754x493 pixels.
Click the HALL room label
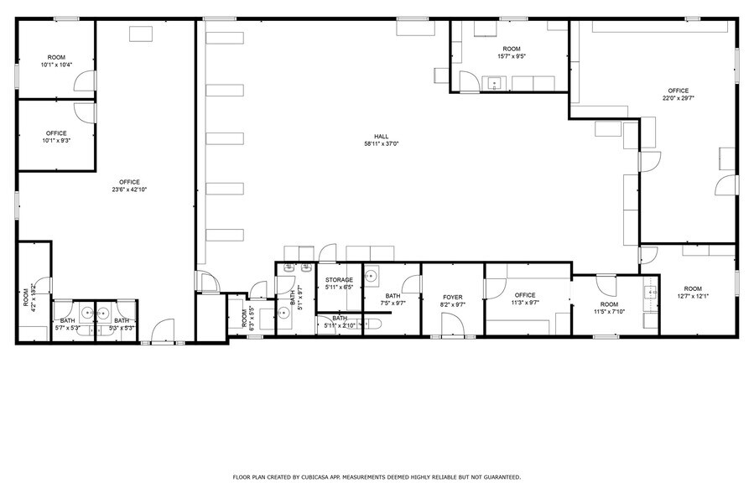click(381, 136)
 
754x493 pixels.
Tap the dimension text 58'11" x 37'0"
click(381, 144)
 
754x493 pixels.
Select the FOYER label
click(453, 296)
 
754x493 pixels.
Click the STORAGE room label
click(339, 280)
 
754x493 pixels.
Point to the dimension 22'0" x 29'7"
click(678, 98)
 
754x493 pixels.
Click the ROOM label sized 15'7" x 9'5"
click(512, 49)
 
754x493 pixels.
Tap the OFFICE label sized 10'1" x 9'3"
click(56, 133)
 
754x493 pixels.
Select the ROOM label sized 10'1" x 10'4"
click(56, 58)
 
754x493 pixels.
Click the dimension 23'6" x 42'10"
click(129, 189)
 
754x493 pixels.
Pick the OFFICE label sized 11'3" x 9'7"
click(525, 295)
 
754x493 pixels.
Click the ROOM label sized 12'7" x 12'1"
click(692, 288)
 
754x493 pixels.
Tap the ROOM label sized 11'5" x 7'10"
click(609, 304)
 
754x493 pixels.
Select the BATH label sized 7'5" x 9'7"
click(393, 296)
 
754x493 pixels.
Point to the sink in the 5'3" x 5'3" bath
click(103, 313)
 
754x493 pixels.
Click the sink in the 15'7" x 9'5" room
click(495, 83)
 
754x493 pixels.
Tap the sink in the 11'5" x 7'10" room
click(649, 293)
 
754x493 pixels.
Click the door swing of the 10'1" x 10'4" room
click(84, 81)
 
